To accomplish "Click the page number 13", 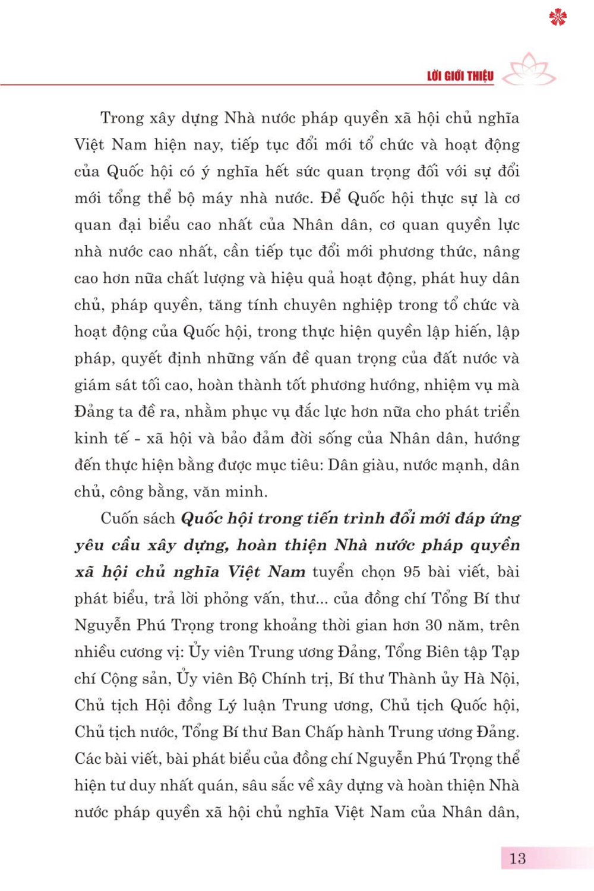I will point(517,858).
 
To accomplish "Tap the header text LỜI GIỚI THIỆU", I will point(460,76).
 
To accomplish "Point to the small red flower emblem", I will point(558,17).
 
